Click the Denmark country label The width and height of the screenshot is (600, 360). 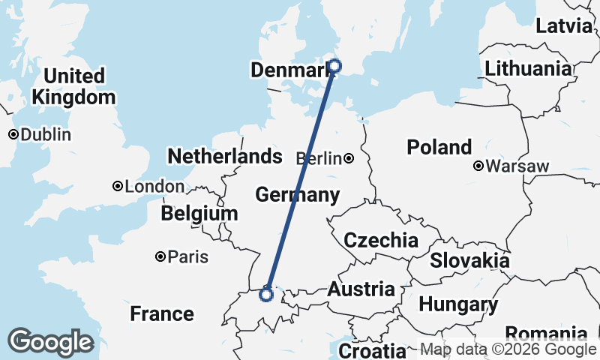(x=289, y=70)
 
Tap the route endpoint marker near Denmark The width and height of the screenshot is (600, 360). (x=334, y=66)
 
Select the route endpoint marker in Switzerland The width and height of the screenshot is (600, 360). (x=265, y=294)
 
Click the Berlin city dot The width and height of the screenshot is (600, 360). (x=349, y=158)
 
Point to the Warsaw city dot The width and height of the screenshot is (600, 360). (x=478, y=166)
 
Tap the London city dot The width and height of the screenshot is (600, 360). (x=118, y=186)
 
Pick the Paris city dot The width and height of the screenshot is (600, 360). (x=160, y=256)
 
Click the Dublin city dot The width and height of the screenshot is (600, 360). (x=13, y=135)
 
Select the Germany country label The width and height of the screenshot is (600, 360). (x=297, y=195)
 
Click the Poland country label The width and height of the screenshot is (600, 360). (x=439, y=147)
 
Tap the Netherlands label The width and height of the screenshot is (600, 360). (x=225, y=157)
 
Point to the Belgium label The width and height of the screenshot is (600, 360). (x=199, y=214)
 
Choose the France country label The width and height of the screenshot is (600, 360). (x=162, y=313)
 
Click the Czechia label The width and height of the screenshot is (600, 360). (x=380, y=241)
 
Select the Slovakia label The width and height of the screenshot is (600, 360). (x=469, y=261)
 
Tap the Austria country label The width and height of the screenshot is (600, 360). (x=361, y=289)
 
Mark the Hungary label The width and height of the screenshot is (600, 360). (x=458, y=305)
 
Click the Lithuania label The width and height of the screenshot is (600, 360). (x=528, y=69)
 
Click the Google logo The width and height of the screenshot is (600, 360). (x=51, y=342)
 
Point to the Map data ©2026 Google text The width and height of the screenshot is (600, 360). (x=508, y=349)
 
